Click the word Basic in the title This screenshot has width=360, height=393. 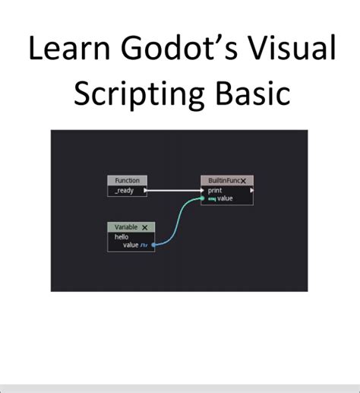click(254, 93)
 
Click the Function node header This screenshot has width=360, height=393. click(127, 180)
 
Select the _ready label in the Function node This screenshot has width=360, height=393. click(124, 190)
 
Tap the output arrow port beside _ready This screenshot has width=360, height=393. click(144, 190)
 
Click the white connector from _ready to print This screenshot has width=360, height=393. click(175, 190)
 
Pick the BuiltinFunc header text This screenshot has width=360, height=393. click(223, 181)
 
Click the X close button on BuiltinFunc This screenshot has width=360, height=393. click(244, 181)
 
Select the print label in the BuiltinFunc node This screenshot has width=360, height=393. click(215, 190)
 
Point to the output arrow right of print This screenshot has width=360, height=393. click(251, 190)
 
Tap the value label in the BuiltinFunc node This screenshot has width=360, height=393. click(225, 198)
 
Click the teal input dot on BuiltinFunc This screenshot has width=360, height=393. click(202, 199)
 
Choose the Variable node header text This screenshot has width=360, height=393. click(126, 227)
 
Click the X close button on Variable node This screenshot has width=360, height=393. click(144, 227)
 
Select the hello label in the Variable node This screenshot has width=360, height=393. click(122, 236)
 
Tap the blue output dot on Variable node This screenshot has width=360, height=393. click(154, 246)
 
